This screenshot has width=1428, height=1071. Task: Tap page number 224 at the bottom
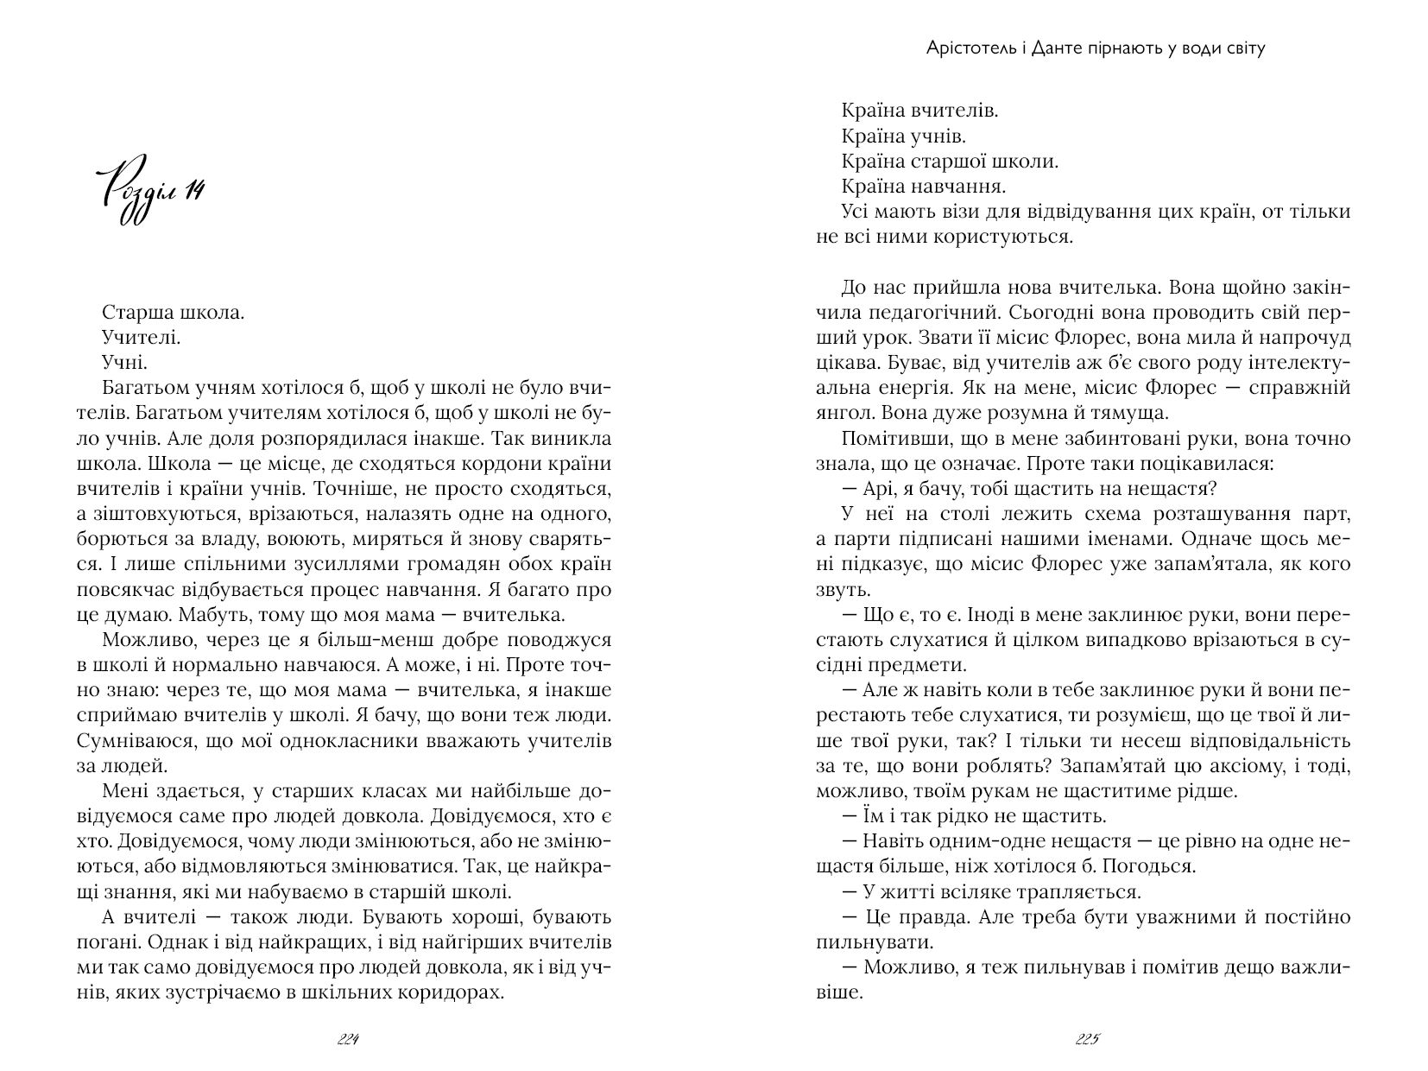[348, 1039]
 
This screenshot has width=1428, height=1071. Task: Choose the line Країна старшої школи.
[950, 161]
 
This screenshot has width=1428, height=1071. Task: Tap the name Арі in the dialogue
[877, 489]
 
